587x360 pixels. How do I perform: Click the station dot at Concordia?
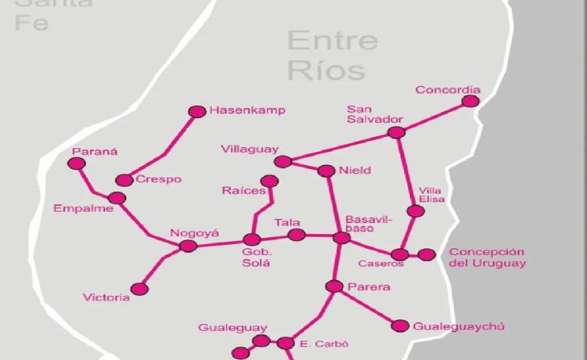point(470,101)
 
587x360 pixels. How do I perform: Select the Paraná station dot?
point(76,164)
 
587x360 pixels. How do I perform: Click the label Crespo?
point(158,179)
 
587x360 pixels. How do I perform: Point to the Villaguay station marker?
point(283,162)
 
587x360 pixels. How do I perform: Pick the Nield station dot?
point(326,171)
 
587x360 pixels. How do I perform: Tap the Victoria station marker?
point(140,289)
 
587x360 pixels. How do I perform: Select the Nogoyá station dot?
point(187,246)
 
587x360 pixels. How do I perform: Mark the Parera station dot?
point(334,287)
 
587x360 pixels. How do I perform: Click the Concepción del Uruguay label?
point(486,257)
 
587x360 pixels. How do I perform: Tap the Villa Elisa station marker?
point(416,211)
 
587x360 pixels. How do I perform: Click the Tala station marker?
point(296,235)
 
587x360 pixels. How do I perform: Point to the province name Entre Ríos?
point(332,55)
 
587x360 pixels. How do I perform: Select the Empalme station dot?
point(117,198)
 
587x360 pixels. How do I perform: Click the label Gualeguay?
point(232,327)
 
